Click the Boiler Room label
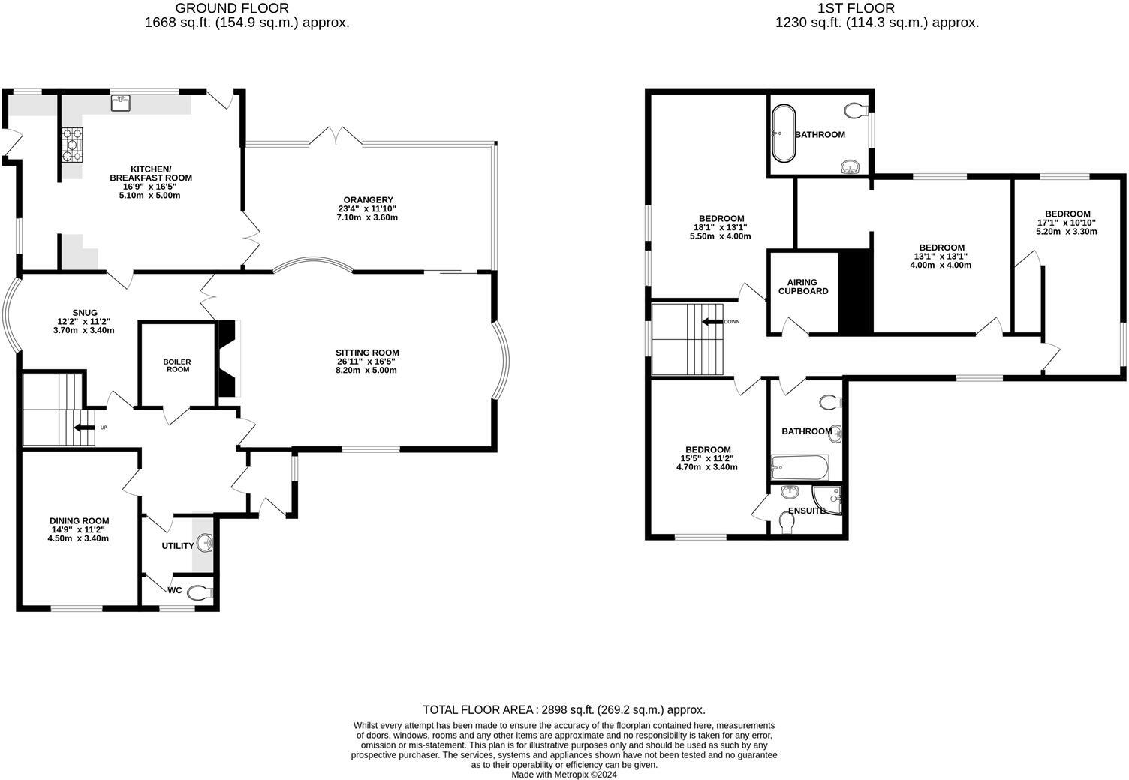[x=177, y=365]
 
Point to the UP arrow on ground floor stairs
[x=84, y=427]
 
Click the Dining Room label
[x=80, y=520]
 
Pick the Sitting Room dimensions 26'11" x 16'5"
[x=367, y=361]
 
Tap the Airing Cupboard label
[x=802, y=286]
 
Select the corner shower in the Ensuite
[x=828, y=500]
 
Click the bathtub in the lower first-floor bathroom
[x=799, y=469]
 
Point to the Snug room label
[x=84, y=313]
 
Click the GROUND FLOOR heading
[x=232, y=8]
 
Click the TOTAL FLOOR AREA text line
[x=564, y=709]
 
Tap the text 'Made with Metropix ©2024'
[x=564, y=775]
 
